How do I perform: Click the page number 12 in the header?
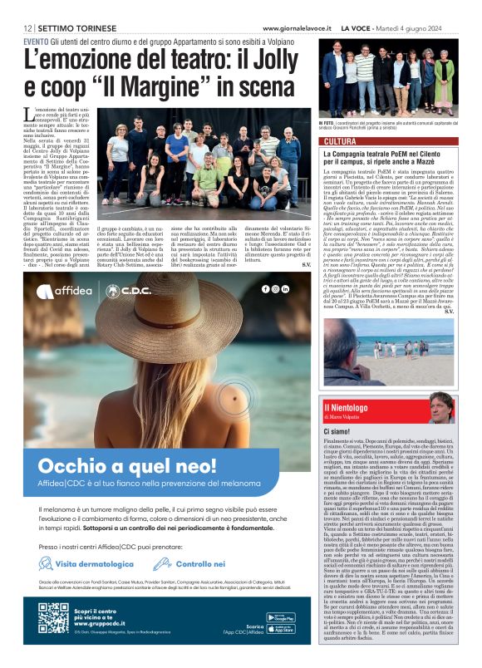pyautogui.click(x=28, y=27)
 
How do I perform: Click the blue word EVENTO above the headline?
pyautogui.click(x=36, y=40)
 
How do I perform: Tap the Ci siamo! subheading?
pyautogui.click(x=337, y=433)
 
